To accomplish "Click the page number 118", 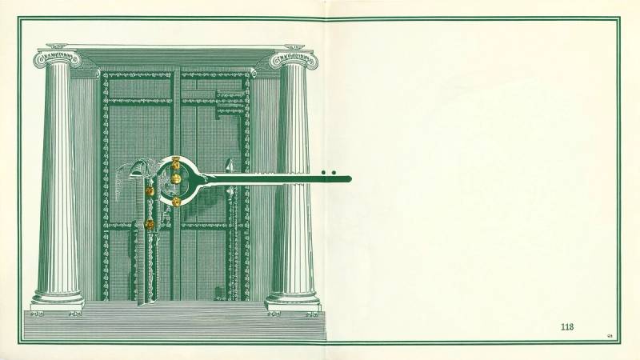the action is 567,326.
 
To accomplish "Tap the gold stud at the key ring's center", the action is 176,178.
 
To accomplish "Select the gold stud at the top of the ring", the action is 176,163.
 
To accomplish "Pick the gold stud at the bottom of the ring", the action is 176,202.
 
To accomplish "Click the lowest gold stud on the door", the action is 150,224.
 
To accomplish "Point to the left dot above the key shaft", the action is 324,172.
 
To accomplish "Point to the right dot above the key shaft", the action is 334,172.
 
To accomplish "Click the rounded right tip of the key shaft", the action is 350,178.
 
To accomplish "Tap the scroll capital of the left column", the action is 57,58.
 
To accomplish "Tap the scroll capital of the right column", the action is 294,59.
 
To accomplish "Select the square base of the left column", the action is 58,305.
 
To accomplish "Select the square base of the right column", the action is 292,305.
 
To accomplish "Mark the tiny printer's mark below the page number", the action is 610,336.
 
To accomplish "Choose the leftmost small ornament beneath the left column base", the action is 38,314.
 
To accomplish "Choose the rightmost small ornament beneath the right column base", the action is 312,314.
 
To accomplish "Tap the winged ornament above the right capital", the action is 294,47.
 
